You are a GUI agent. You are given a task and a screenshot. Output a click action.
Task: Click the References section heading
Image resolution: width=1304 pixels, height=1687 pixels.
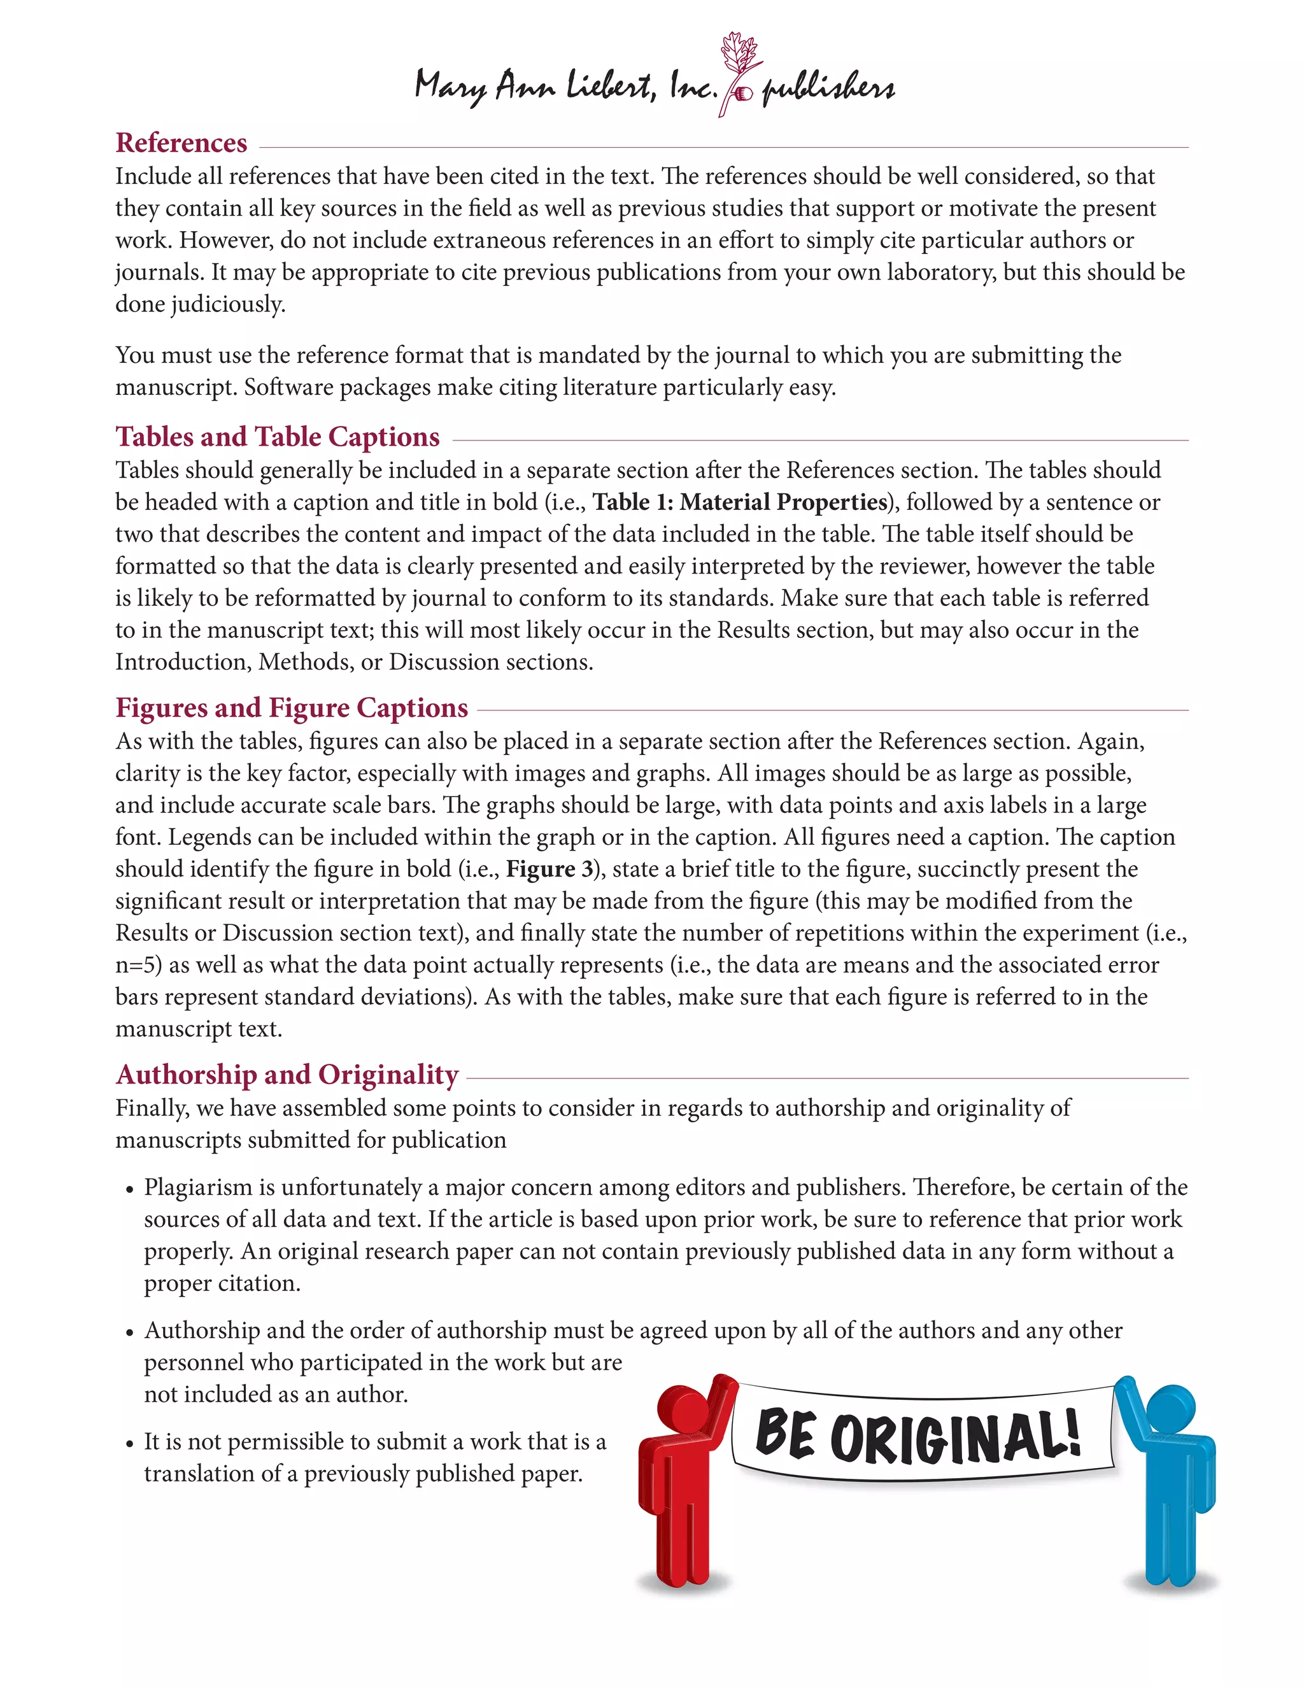181,143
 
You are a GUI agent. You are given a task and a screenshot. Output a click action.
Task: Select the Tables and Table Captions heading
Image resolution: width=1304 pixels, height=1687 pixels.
278,437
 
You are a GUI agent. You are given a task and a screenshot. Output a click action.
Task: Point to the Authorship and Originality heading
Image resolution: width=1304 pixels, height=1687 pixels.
287,1075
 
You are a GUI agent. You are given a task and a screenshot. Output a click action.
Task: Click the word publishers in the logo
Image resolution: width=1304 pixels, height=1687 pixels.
828,89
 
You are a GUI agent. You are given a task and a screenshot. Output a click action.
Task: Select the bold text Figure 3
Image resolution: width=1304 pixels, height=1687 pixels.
548,869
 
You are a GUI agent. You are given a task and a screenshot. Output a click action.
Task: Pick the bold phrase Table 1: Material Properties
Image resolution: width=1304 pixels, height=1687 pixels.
740,502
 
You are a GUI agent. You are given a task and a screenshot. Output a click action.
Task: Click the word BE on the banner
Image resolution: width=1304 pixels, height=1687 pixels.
785,1434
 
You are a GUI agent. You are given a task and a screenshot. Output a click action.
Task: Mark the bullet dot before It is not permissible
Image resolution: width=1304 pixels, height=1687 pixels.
130,1444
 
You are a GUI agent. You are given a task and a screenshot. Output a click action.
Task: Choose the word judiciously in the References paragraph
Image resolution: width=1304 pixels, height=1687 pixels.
228,304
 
